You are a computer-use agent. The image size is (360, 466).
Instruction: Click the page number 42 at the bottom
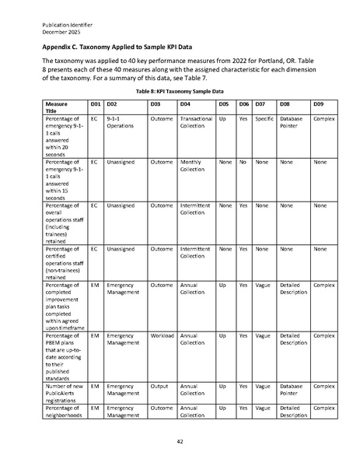180,440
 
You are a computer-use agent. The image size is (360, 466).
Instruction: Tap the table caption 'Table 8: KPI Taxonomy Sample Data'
180,92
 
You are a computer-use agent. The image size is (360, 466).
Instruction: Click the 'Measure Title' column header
57,107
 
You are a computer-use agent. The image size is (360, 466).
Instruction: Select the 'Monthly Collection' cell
191,166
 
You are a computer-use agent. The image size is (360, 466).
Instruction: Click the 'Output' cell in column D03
159,386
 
